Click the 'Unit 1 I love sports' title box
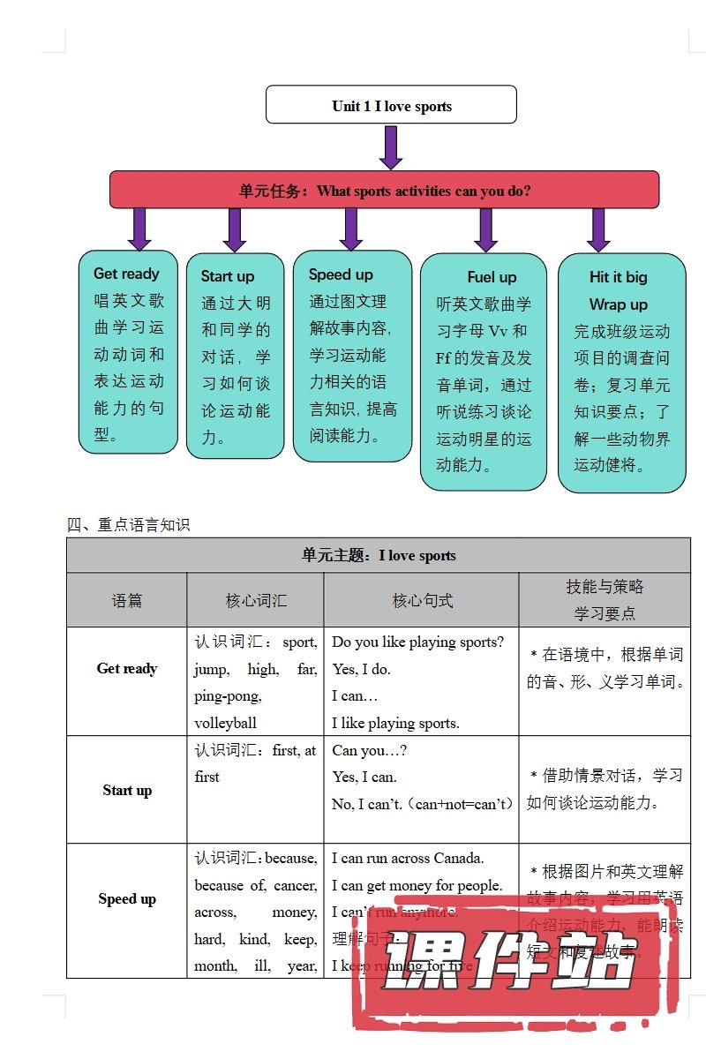pos(391,106)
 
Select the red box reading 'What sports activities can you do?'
pos(385,190)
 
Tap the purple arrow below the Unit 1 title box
pos(391,146)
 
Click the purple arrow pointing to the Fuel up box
pos(485,229)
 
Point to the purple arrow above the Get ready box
pos(139,229)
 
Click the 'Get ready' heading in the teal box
pos(126,274)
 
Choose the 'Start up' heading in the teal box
pos(228,276)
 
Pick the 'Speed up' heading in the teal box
pos(341,274)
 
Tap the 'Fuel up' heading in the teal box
pos(492,277)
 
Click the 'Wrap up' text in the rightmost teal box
pos(618,304)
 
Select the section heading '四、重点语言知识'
pos(129,525)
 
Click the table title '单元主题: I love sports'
pos(379,556)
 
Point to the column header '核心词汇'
pos(256,601)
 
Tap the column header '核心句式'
pos(422,601)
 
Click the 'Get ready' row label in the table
pos(127,669)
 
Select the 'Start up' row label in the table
pos(127,791)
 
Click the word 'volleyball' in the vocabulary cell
pos(226,723)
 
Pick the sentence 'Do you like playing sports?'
pos(418,642)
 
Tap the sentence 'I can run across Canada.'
pos(408,858)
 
